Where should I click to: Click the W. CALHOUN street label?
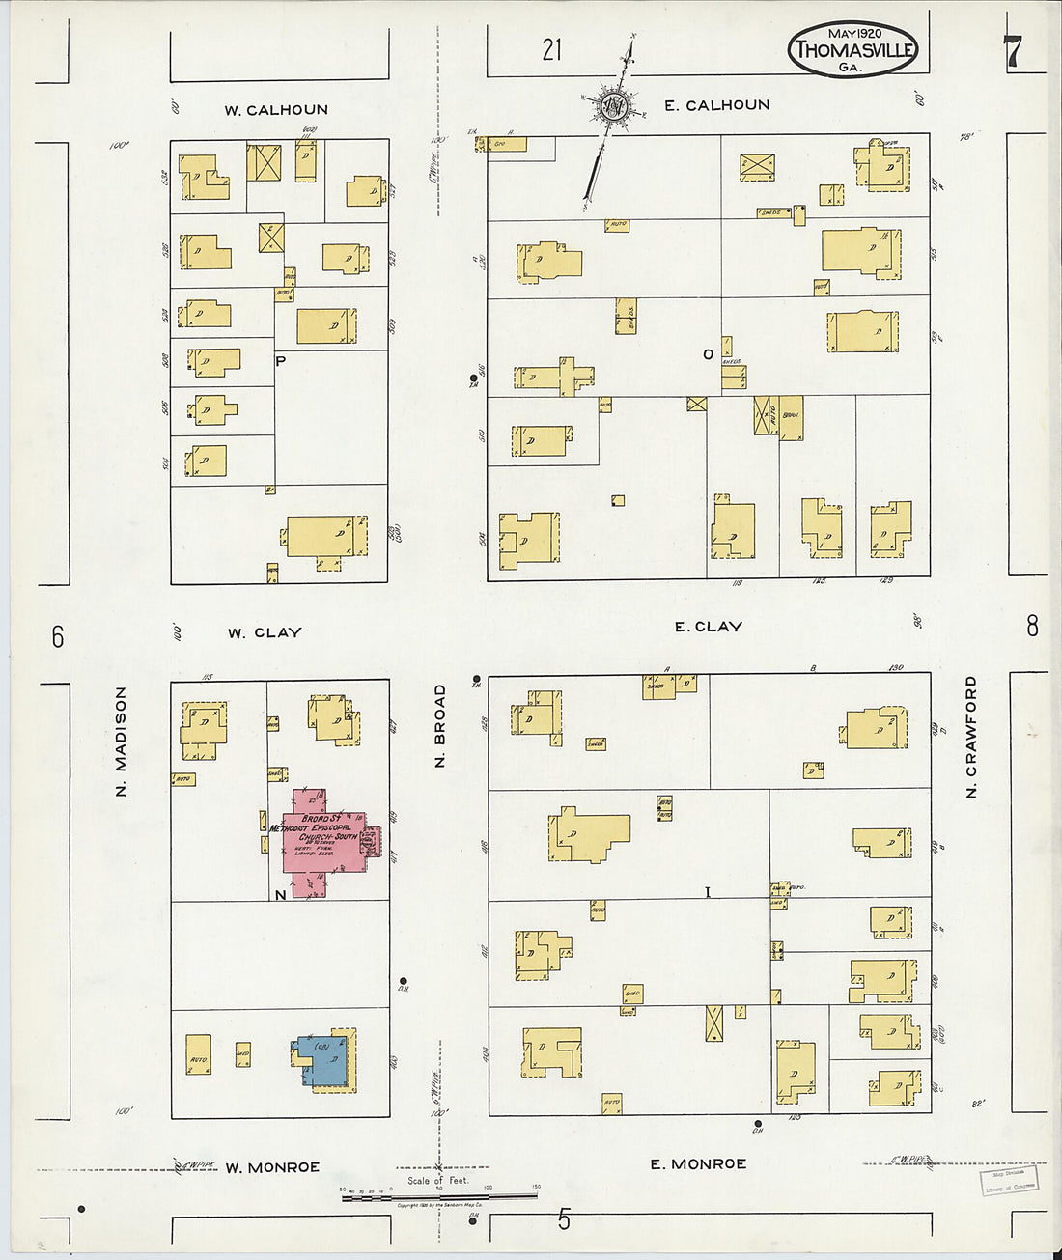(276, 110)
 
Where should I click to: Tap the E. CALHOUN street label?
(716, 105)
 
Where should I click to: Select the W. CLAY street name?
(265, 633)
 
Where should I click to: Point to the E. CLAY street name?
(708, 627)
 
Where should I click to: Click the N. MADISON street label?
(121, 741)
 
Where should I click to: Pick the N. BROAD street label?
(440, 726)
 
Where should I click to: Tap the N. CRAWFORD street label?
(971, 737)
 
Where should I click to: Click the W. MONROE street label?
(272, 1167)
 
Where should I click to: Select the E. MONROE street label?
(697, 1164)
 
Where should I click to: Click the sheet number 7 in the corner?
(1011, 51)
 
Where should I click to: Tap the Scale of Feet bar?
(438, 1196)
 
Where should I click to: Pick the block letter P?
(281, 361)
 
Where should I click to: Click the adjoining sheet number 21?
(551, 49)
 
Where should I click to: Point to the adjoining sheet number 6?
(58, 636)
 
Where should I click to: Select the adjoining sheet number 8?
(1032, 626)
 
